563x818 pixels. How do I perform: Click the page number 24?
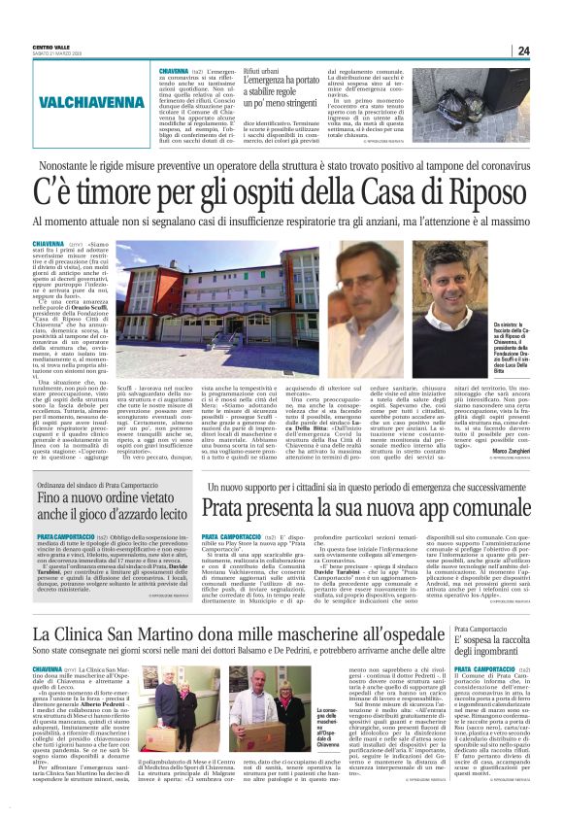click(x=523, y=51)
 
